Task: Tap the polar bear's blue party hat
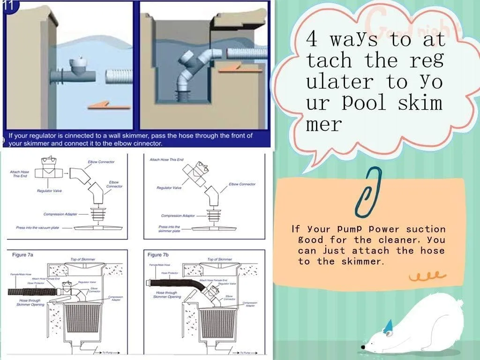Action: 387,327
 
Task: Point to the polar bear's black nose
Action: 363,347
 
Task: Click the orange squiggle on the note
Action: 424,276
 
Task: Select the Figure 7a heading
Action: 22,255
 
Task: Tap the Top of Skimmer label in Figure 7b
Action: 219,259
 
